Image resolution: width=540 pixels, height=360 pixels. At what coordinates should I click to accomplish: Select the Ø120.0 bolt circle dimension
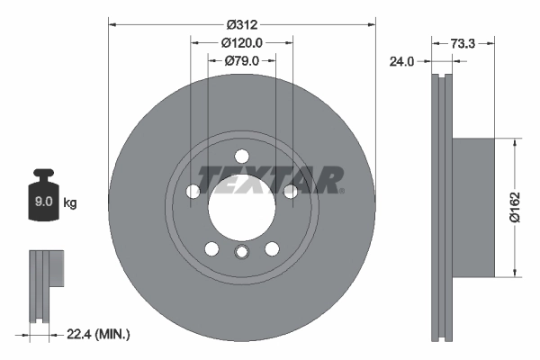click(x=241, y=42)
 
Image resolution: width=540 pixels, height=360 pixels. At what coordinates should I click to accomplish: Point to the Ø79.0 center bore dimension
click(x=241, y=60)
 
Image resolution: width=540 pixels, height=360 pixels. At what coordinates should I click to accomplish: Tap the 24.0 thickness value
click(x=400, y=62)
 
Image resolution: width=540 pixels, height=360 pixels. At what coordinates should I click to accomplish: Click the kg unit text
click(x=70, y=203)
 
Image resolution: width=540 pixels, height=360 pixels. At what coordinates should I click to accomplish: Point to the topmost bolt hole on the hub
click(x=241, y=157)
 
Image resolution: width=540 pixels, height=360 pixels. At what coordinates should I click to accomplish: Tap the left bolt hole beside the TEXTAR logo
click(x=193, y=191)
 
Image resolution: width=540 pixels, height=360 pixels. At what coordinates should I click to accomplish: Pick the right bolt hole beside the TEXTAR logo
click(x=290, y=191)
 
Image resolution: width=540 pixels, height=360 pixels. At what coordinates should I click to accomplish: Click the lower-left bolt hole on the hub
click(x=211, y=249)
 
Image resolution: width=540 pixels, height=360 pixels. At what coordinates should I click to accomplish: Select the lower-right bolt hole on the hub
click(x=271, y=249)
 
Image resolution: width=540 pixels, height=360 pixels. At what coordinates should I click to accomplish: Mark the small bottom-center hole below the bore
click(x=241, y=254)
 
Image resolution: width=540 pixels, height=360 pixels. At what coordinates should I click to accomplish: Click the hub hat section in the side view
click(x=472, y=206)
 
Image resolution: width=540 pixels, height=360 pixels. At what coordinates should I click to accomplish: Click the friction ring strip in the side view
click(x=441, y=206)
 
